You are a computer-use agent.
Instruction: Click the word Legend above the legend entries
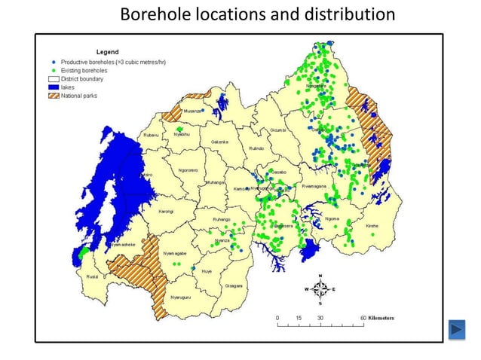point(107,51)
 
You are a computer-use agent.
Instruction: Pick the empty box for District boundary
point(54,79)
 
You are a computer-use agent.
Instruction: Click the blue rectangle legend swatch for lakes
point(54,87)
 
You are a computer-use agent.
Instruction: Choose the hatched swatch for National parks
point(54,96)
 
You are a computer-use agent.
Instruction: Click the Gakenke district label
point(219,142)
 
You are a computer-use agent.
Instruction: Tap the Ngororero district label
point(188,170)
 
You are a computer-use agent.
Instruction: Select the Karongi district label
point(165,212)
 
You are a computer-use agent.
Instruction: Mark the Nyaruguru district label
point(185,298)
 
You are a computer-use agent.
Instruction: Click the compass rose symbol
point(321,288)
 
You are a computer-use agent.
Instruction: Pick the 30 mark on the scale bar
point(320,318)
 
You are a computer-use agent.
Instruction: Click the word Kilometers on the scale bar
point(380,318)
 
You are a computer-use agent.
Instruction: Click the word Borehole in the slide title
point(151,14)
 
